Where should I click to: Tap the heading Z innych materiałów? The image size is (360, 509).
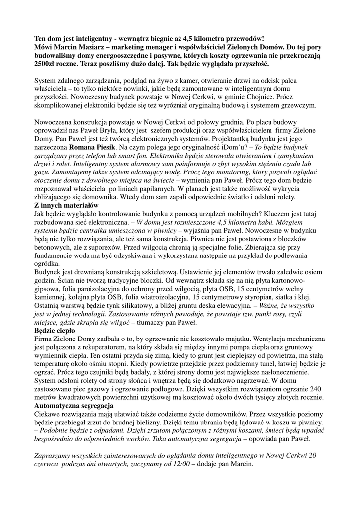click(x=67, y=205)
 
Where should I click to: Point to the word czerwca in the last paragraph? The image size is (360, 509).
click(x=48, y=465)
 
